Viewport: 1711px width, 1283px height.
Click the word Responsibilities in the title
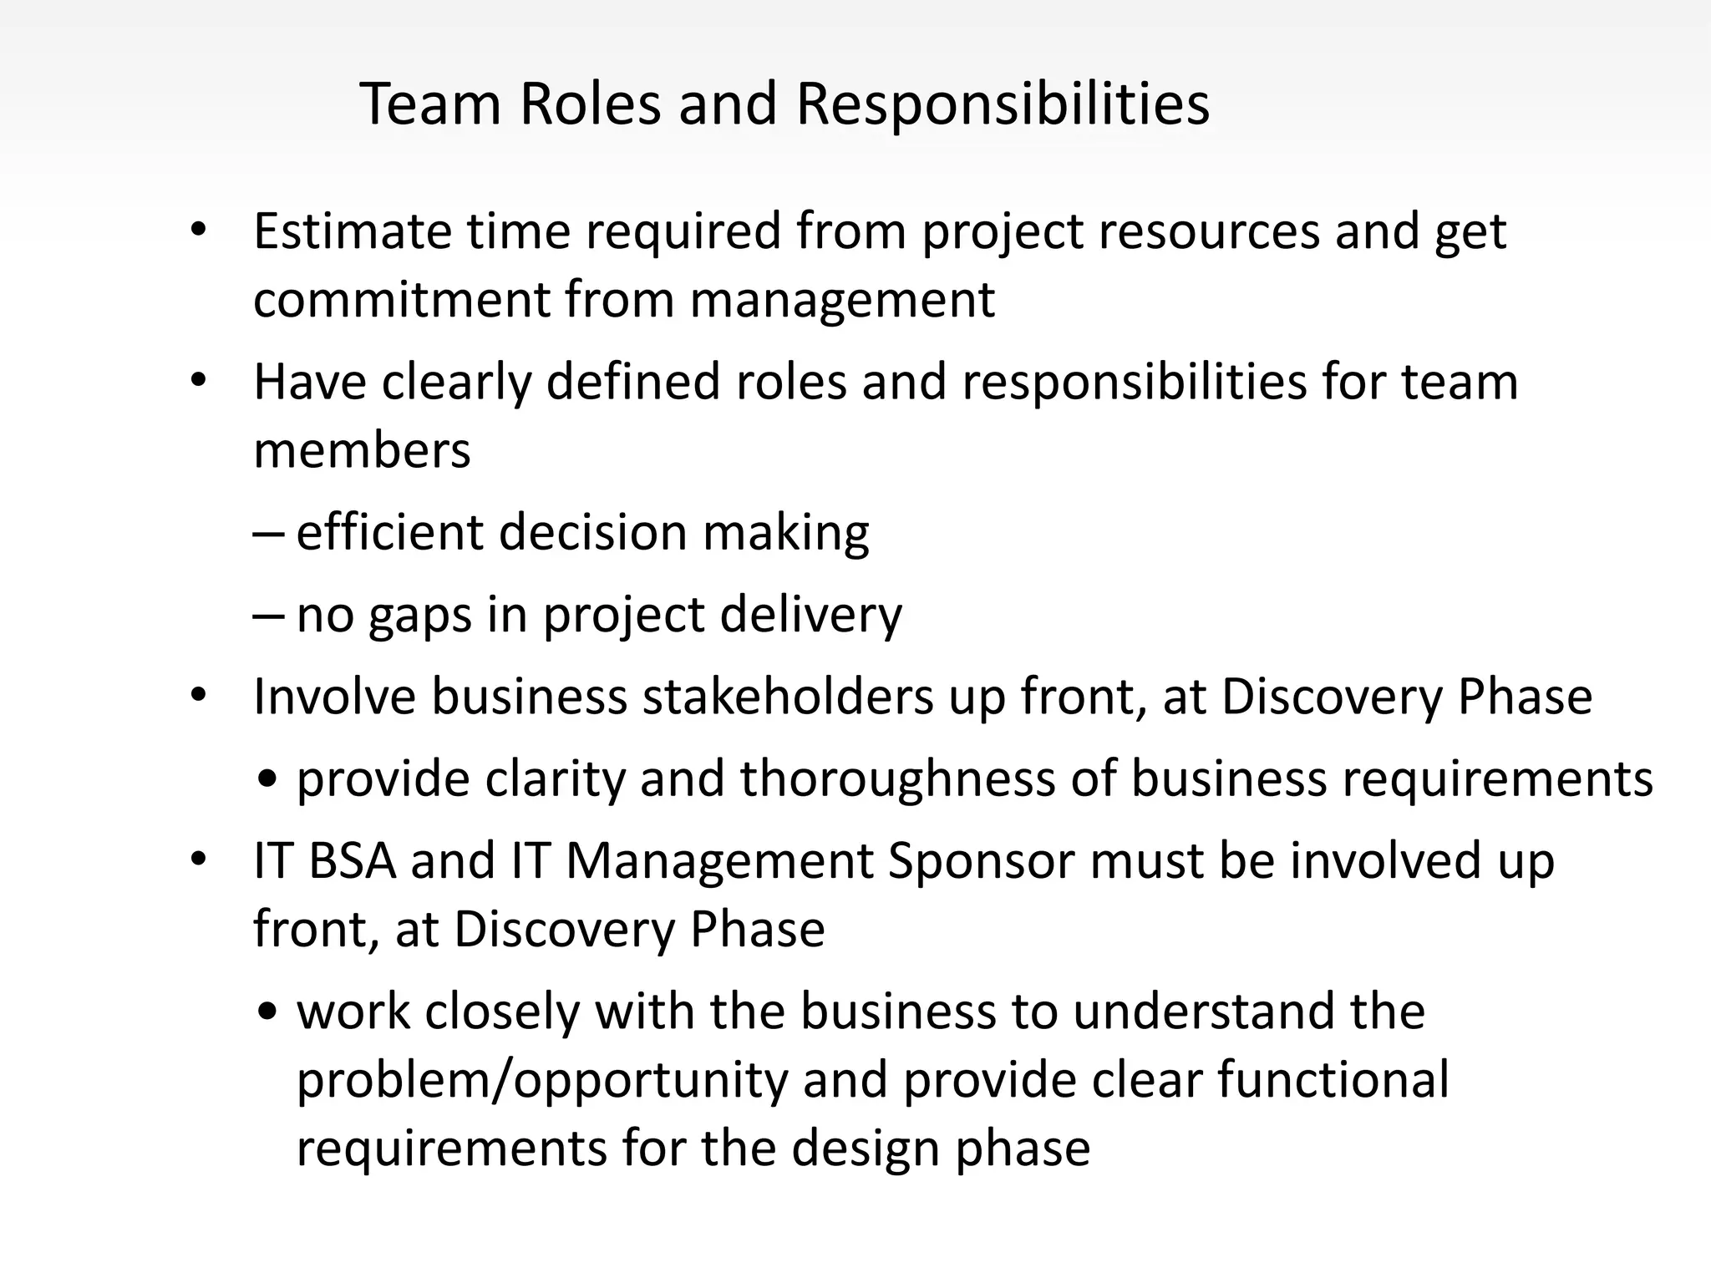tap(1003, 105)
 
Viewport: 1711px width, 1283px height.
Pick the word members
tap(362, 450)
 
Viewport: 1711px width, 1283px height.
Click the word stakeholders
tap(787, 697)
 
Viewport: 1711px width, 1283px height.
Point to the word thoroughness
tap(927, 778)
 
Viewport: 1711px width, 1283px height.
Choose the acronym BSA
tap(352, 861)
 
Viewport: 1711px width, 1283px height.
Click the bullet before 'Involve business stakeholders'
tap(198, 695)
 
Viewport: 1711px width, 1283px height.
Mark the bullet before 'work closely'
tap(268, 1012)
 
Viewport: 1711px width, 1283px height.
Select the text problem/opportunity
tap(542, 1080)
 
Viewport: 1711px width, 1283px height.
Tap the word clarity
tap(555, 780)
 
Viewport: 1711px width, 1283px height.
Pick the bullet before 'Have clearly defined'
tap(198, 381)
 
